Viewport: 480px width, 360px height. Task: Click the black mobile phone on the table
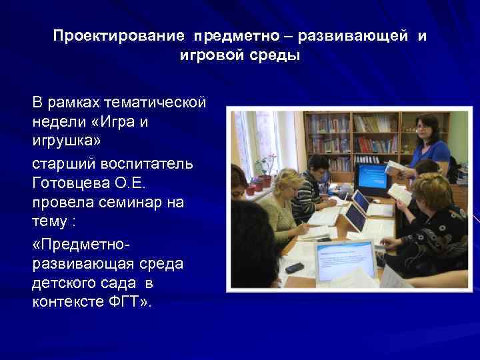(294, 267)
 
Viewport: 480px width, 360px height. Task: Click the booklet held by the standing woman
(395, 167)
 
